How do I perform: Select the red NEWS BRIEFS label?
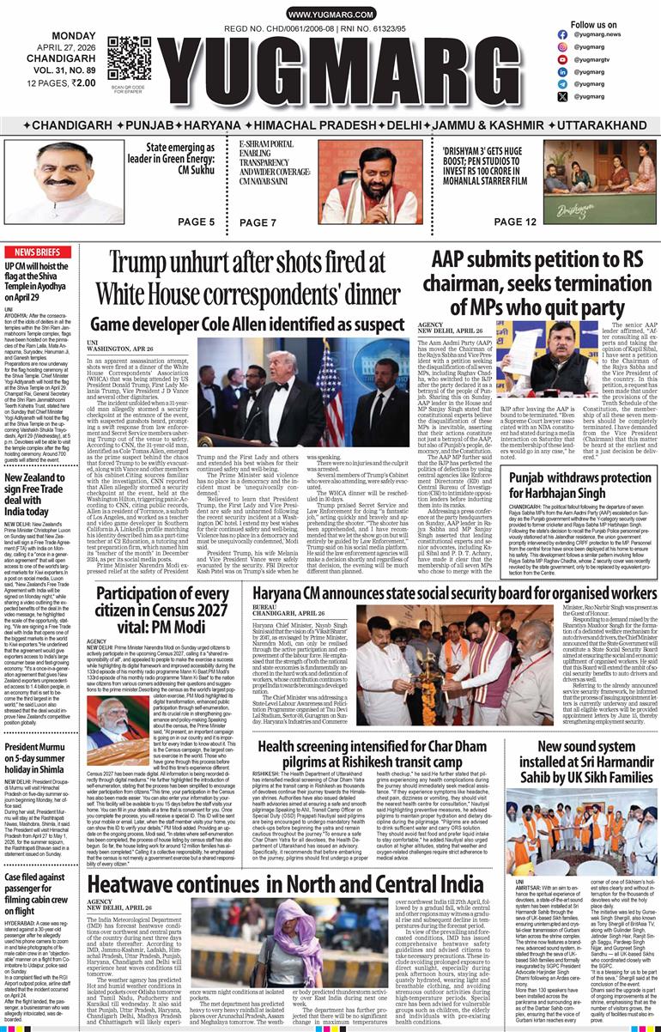point(37,252)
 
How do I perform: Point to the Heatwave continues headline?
point(285,883)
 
